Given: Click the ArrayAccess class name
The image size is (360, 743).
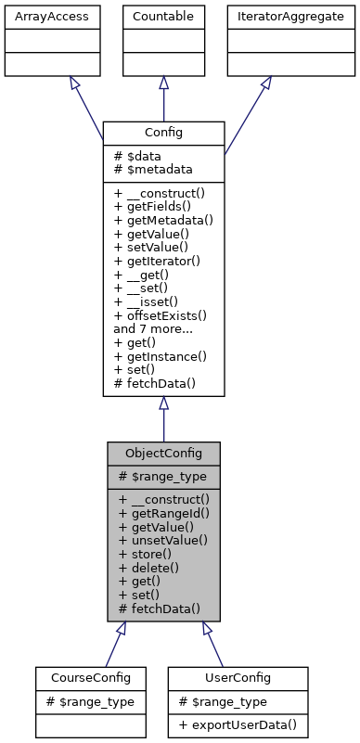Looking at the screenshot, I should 38,17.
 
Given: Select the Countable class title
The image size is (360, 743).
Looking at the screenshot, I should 163,17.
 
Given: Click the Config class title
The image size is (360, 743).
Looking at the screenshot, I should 163,133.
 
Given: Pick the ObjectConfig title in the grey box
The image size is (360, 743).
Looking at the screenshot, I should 163,454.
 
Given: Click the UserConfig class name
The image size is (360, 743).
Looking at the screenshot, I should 238,678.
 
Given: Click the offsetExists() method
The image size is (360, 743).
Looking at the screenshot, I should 160,315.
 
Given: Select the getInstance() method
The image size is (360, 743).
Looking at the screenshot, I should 161,356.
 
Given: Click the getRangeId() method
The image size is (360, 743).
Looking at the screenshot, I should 163,512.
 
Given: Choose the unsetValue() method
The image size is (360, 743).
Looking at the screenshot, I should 163,540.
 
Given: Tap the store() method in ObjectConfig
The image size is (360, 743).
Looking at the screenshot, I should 145,554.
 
